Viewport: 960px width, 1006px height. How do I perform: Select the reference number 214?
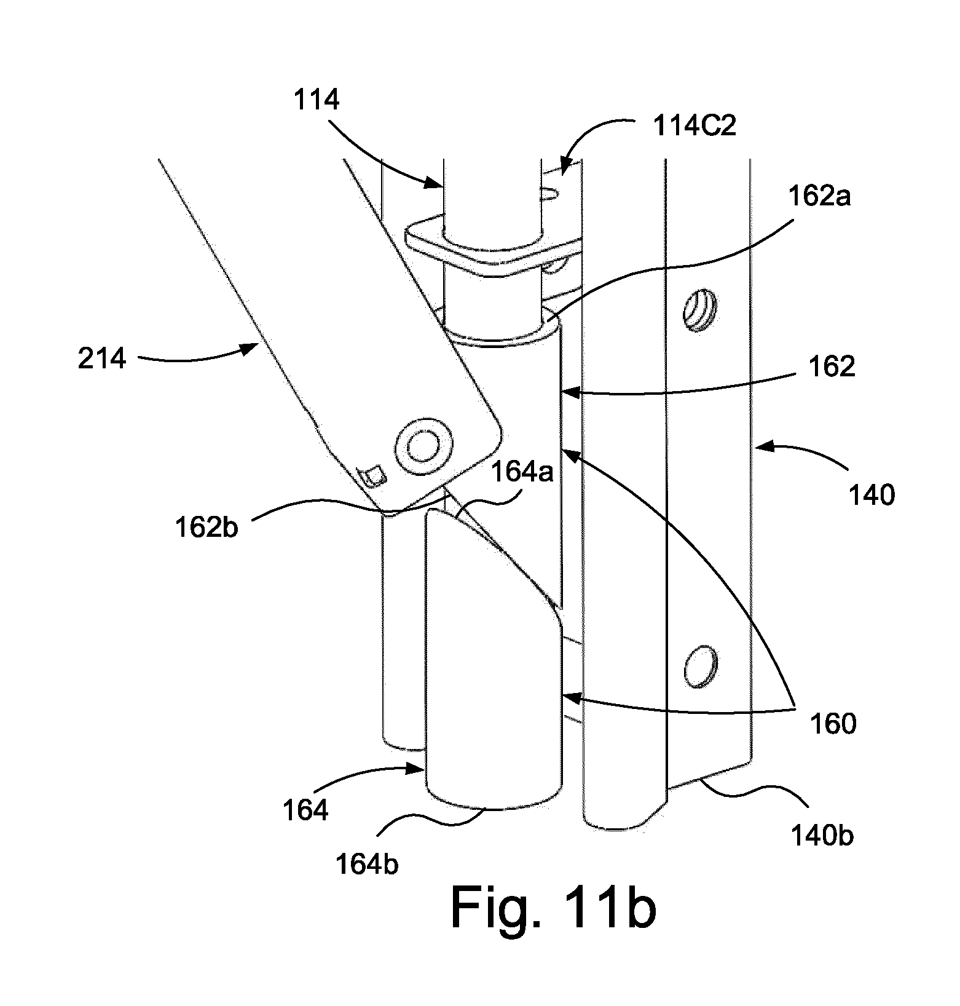coord(102,358)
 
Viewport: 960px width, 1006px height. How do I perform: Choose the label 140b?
coord(822,836)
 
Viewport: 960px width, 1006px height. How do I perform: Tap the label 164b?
coord(367,864)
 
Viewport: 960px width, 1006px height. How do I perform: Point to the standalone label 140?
coord(871,494)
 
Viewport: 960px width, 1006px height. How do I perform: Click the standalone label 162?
coord(831,366)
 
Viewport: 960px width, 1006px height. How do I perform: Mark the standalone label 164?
coord(306,810)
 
